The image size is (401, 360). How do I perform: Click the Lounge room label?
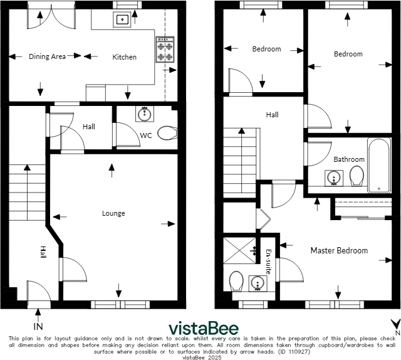click(113, 213)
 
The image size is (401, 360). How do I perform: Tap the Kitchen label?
click(124, 57)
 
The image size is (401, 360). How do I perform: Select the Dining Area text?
click(48, 56)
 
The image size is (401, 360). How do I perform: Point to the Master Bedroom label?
click(339, 250)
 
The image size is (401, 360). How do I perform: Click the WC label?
click(146, 135)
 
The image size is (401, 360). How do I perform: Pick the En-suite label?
click(268, 262)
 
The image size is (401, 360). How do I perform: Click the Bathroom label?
click(349, 159)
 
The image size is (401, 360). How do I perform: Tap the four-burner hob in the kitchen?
click(165, 50)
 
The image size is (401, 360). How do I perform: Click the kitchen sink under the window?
click(122, 19)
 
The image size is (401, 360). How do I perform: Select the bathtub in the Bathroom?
click(379, 166)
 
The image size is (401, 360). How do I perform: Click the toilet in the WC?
click(167, 133)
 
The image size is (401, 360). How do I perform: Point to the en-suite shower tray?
click(239, 251)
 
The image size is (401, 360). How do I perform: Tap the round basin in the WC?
click(145, 114)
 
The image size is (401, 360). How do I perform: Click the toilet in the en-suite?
click(236, 281)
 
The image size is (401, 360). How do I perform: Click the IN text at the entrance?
click(38, 327)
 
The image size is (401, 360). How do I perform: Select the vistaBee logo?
click(204, 328)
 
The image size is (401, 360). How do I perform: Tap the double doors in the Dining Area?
click(51, 15)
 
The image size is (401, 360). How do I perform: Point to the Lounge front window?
click(120, 304)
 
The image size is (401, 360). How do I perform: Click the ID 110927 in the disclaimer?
click(294, 352)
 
